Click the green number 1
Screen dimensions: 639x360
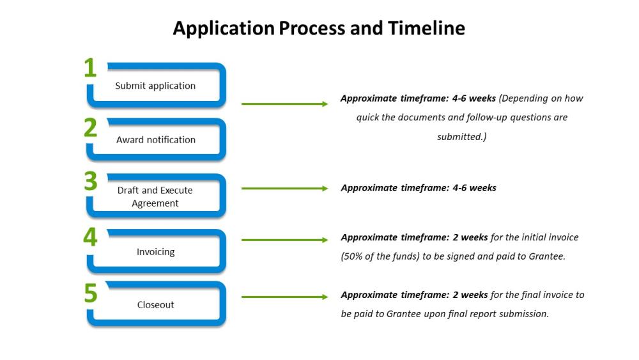click(x=91, y=68)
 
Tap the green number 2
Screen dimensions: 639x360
click(x=91, y=128)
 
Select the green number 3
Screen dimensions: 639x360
click(x=91, y=180)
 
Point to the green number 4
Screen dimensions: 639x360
click(x=90, y=237)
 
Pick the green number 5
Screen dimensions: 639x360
click(x=91, y=293)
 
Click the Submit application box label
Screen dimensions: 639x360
click(x=155, y=86)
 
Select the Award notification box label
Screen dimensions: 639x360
click(x=156, y=140)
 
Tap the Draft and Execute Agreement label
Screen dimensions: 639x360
click(x=155, y=196)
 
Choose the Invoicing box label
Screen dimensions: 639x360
click(x=156, y=252)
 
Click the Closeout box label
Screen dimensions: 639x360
click(x=156, y=305)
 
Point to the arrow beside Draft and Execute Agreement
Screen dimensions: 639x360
click(x=285, y=189)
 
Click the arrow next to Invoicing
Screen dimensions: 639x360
click(x=285, y=240)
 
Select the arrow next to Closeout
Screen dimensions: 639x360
click(x=285, y=297)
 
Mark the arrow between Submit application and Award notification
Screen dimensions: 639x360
click(x=285, y=104)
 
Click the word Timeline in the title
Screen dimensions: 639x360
click(x=426, y=28)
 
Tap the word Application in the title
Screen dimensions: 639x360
click(x=224, y=29)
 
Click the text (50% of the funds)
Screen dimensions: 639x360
click(x=380, y=256)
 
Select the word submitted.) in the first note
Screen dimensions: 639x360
click(x=462, y=137)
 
